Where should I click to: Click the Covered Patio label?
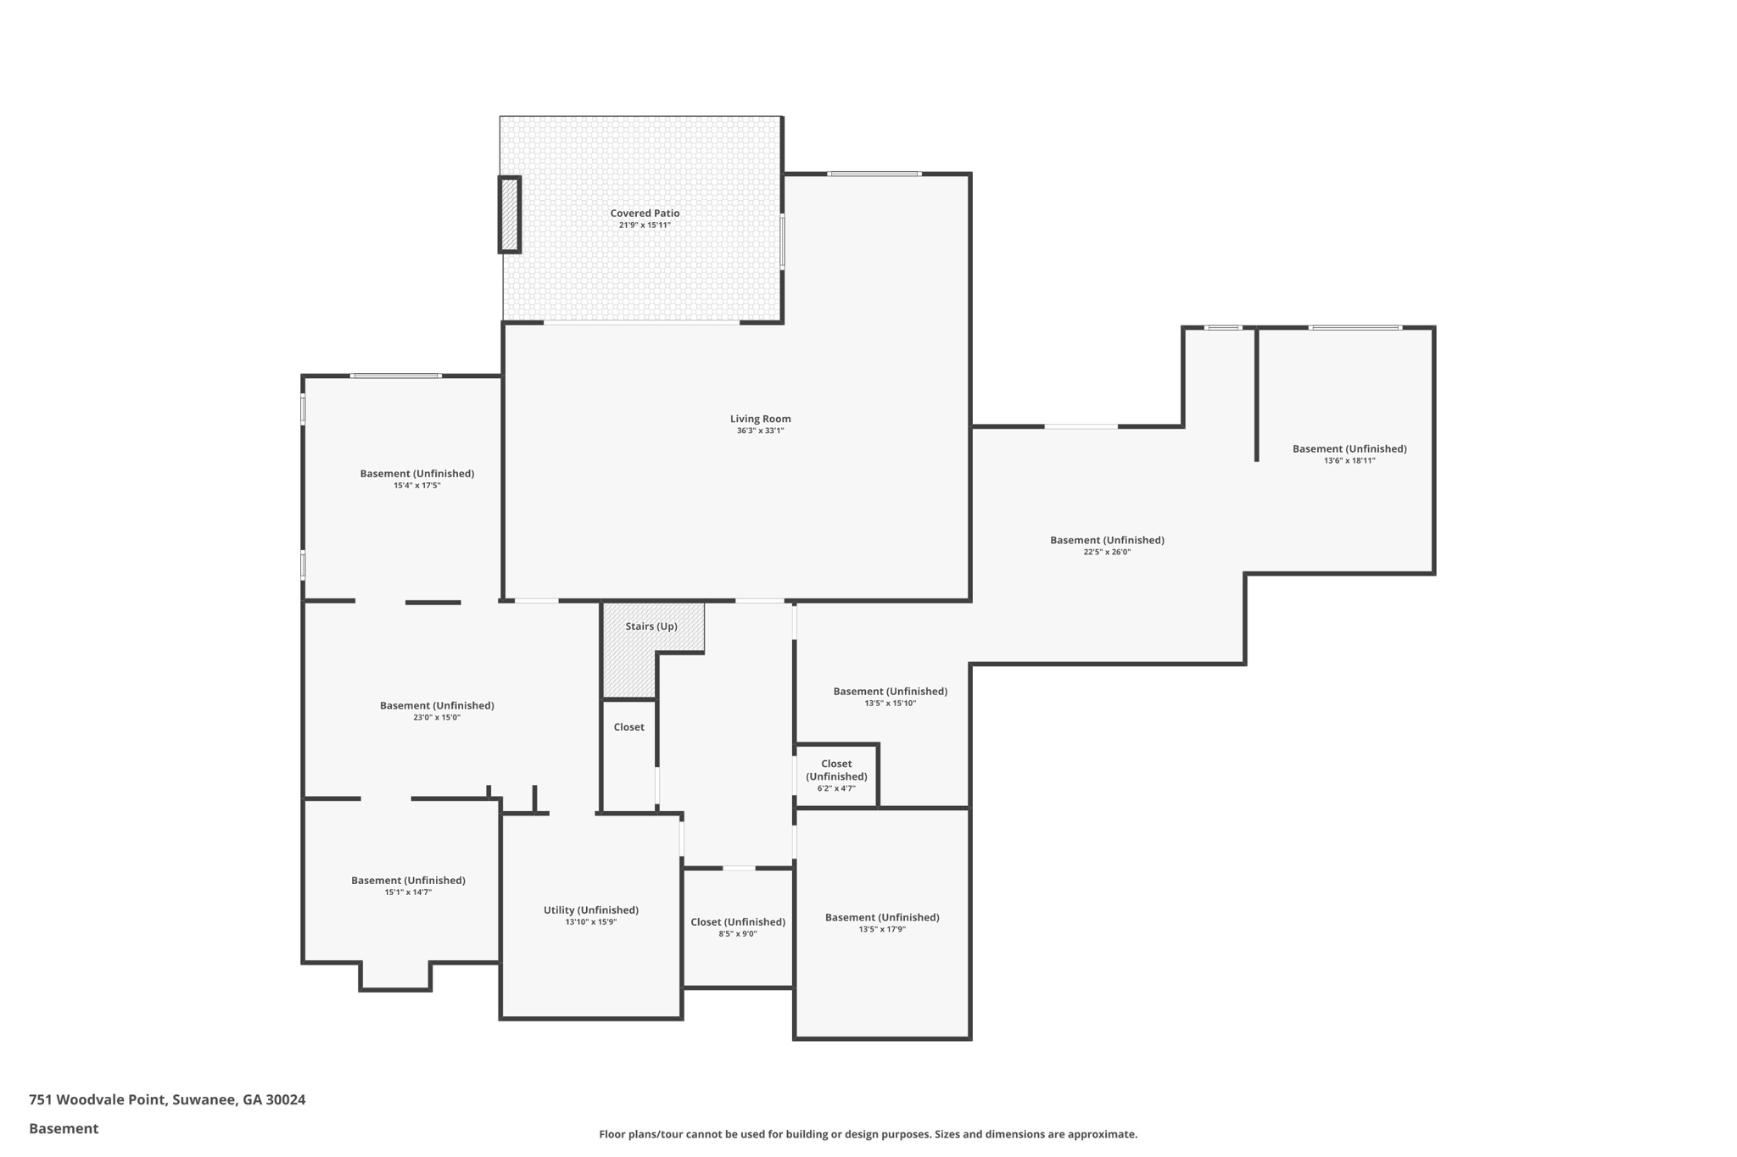click(x=645, y=214)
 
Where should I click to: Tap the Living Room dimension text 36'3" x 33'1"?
click(x=760, y=431)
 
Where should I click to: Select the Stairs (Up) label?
click(x=651, y=626)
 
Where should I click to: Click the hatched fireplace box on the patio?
click(x=509, y=214)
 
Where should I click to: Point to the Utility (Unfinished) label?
click(x=590, y=910)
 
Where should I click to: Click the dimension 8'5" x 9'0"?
click(x=738, y=934)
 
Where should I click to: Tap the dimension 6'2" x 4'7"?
click(x=836, y=788)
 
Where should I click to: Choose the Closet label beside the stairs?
click(x=628, y=727)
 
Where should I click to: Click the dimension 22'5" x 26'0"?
click(x=1107, y=552)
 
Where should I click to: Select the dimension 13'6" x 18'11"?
click(x=1349, y=461)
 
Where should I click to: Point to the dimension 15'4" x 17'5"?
click(x=416, y=486)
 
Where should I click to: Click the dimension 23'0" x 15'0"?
click(x=437, y=718)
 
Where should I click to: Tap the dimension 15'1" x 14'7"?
click(x=408, y=893)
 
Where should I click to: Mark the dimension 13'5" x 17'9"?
click(x=882, y=930)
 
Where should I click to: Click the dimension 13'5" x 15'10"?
click(x=890, y=704)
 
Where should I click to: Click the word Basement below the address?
click(x=64, y=1128)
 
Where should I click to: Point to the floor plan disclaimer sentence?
click(x=868, y=1134)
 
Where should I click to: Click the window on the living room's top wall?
click(x=874, y=174)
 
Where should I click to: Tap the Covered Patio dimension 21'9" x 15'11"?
click(x=645, y=225)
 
